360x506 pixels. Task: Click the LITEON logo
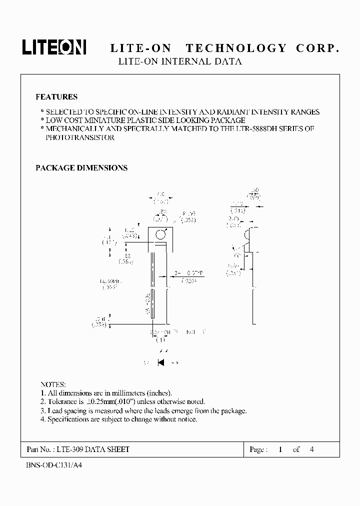click(54, 47)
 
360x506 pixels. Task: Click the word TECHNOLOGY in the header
click(236, 48)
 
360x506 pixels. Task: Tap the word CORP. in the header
click(317, 48)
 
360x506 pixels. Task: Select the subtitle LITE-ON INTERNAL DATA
click(179, 62)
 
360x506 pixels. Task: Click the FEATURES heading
click(56, 97)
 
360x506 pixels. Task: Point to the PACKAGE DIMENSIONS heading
click(81, 168)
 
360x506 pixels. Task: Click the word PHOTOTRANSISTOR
click(80, 137)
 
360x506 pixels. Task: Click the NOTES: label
click(53, 384)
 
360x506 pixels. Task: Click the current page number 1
click(281, 449)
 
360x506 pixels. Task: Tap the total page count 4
click(312, 449)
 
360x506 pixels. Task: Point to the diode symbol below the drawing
click(161, 362)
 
